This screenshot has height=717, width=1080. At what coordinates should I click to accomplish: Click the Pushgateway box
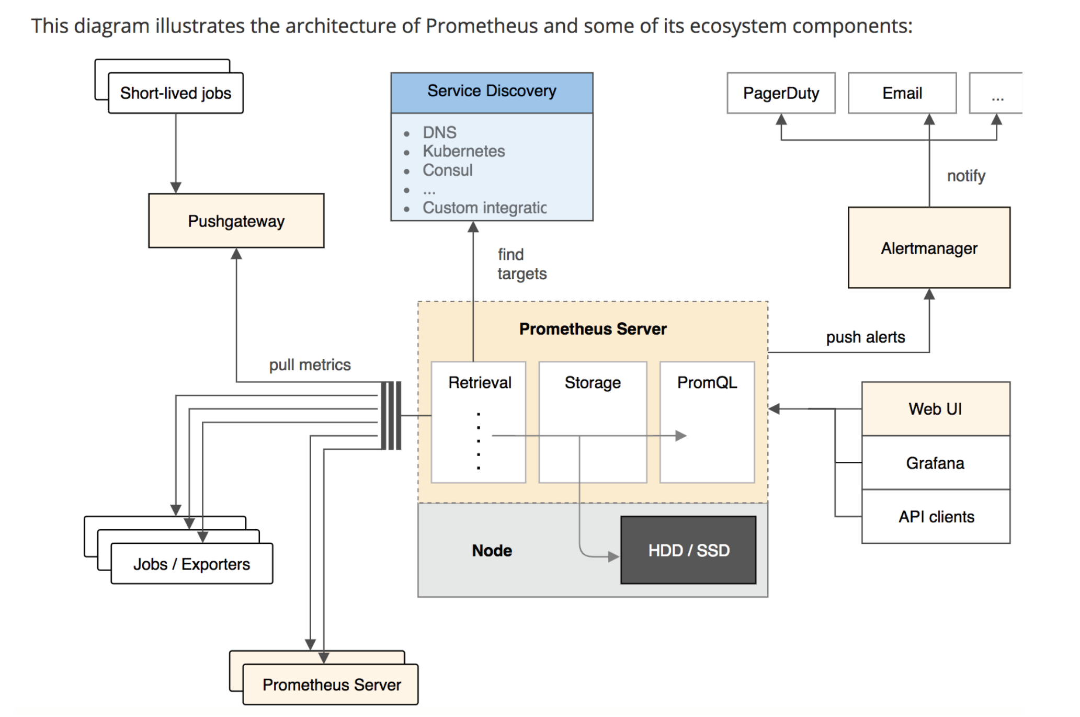[236, 221]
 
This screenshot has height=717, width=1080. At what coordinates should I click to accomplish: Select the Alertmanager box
[929, 248]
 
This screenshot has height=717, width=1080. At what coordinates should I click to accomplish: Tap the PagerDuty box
[781, 93]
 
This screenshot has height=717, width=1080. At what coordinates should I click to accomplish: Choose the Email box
[902, 93]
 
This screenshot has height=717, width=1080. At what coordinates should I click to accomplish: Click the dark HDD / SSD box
[688, 550]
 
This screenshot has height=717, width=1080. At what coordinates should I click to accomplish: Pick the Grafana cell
[935, 463]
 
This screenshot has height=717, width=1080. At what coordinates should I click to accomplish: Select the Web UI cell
[935, 409]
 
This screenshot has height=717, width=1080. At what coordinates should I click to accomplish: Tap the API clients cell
[936, 517]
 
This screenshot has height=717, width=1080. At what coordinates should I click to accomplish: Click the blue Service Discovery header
[492, 92]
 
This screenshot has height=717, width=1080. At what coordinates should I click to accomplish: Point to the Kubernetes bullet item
[463, 151]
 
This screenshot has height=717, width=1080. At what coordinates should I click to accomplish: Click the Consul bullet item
[447, 170]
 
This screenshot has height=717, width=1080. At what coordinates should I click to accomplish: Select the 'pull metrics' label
[310, 365]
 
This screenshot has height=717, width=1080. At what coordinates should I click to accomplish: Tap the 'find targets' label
[521, 264]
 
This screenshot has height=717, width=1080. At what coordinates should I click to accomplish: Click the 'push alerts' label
[865, 337]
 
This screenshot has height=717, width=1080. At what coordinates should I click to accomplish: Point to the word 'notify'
[966, 176]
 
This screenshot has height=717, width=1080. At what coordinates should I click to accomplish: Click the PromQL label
[707, 382]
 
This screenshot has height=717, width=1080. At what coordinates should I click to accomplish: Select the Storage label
[593, 382]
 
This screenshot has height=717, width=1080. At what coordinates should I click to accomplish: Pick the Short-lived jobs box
[176, 93]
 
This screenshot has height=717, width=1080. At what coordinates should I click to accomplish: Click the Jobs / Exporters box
[191, 564]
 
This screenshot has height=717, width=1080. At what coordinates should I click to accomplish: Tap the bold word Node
[492, 550]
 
